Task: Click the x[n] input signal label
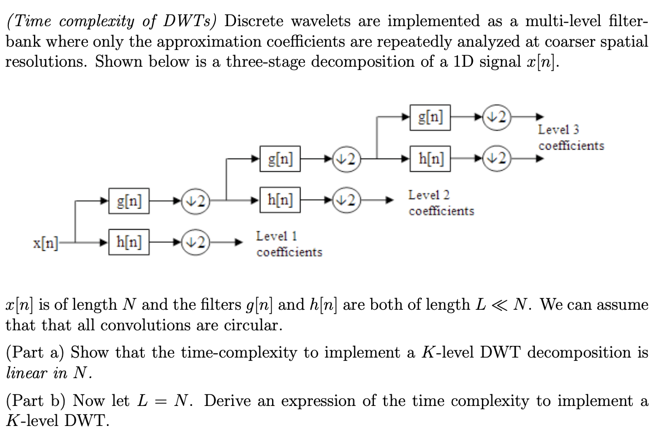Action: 45,243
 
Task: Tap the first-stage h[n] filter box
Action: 129,242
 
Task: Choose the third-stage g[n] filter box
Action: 430,117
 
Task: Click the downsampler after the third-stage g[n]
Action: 497,117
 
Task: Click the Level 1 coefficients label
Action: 289,244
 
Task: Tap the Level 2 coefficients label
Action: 441,203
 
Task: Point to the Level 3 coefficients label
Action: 570,137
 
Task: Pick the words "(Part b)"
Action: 36,401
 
